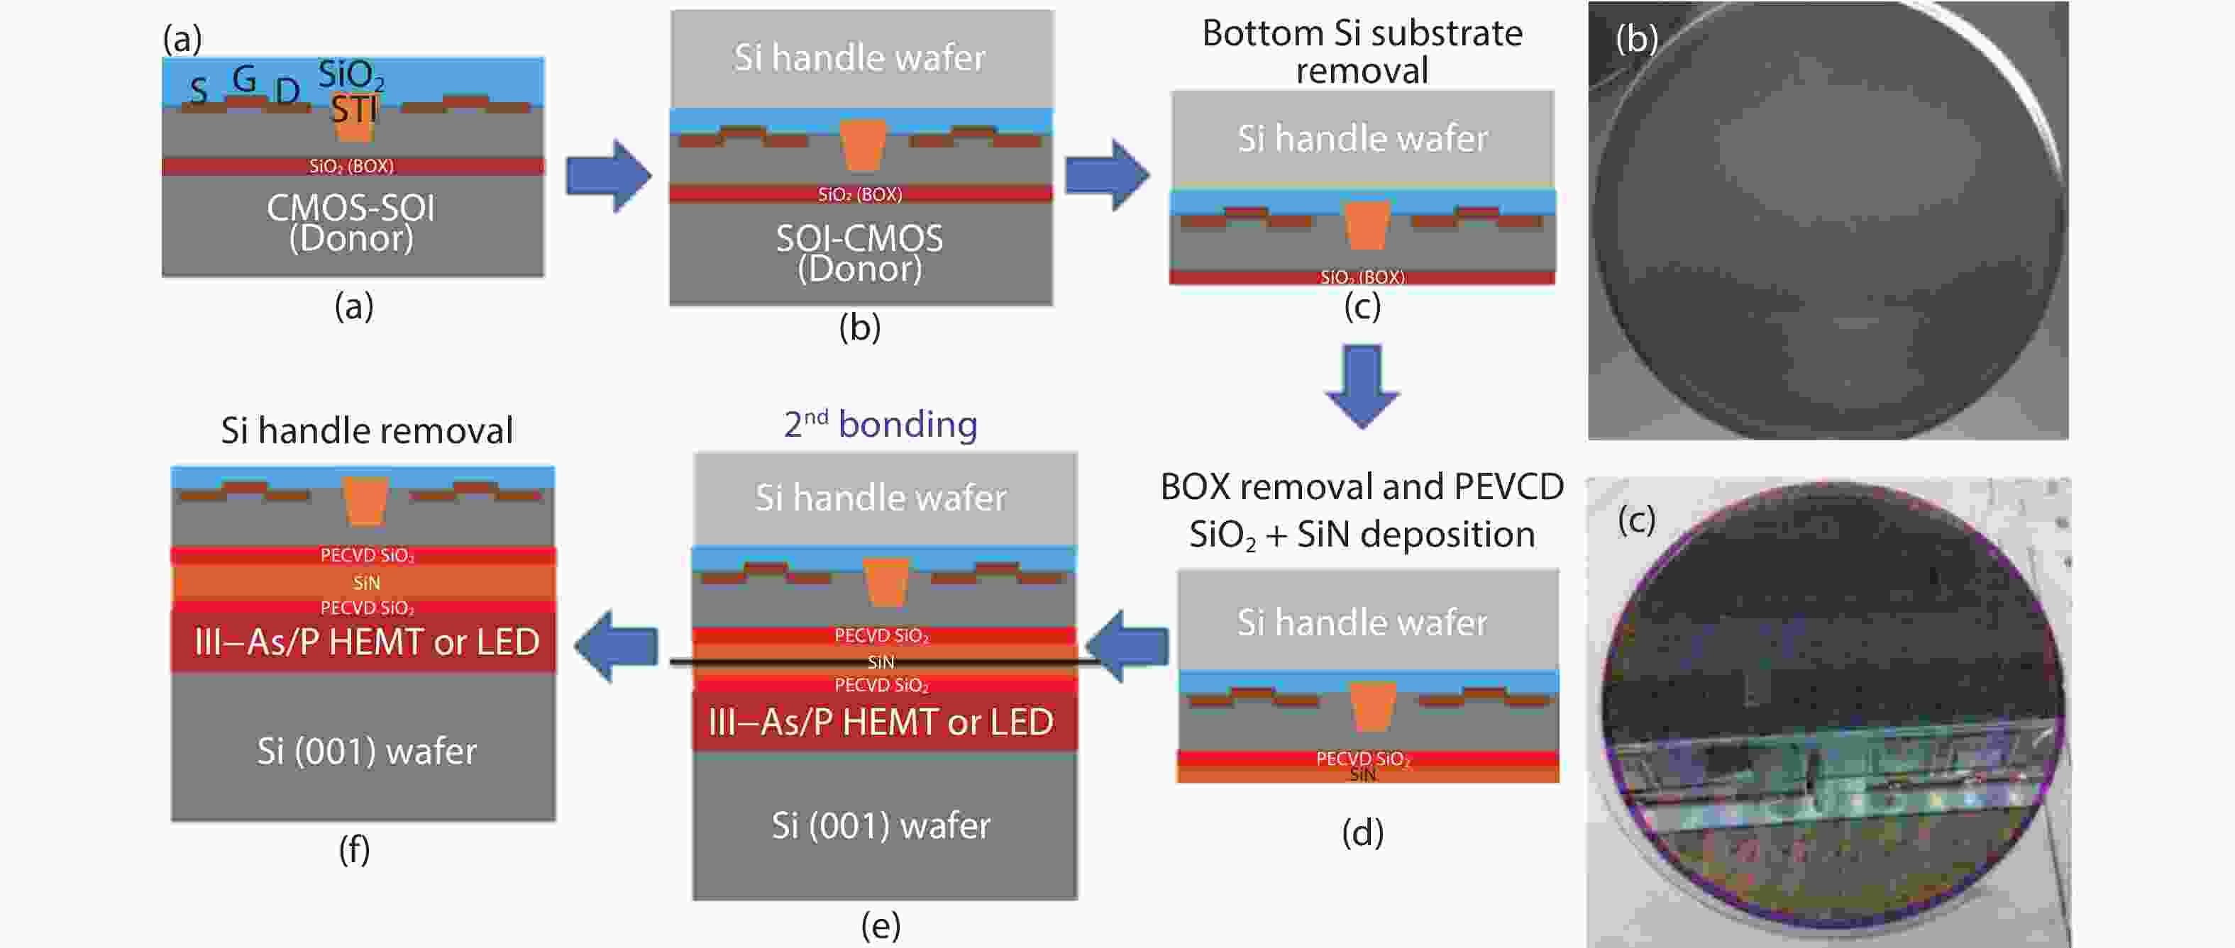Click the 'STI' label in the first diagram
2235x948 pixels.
pyautogui.click(x=354, y=109)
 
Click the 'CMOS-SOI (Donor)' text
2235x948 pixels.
pyautogui.click(x=351, y=223)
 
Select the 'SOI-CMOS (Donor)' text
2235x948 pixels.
pyautogui.click(x=859, y=253)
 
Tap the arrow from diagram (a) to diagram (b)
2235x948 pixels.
pyautogui.click(x=609, y=176)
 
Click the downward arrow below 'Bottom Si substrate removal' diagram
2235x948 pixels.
pyautogui.click(x=1362, y=386)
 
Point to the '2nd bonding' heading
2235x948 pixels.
pyautogui.click(x=881, y=424)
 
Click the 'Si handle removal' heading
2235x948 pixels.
pyautogui.click(x=366, y=430)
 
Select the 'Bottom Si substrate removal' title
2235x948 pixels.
pyautogui.click(x=1362, y=51)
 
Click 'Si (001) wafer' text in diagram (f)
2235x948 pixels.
pyautogui.click(x=366, y=751)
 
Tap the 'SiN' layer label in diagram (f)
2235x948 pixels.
pyautogui.click(x=366, y=583)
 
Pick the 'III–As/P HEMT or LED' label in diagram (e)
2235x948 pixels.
pyautogui.click(x=881, y=723)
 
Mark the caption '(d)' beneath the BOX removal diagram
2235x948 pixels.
pyautogui.click(x=1362, y=834)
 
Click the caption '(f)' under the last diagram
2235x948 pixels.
pyautogui.click(x=354, y=850)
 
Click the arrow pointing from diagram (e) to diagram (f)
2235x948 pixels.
pyautogui.click(x=616, y=646)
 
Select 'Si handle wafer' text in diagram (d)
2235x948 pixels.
pyautogui.click(x=1362, y=623)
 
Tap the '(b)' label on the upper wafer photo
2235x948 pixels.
pyautogui.click(x=1636, y=39)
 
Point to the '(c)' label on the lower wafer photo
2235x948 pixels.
pyautogui.click(x=1636, y=520)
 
